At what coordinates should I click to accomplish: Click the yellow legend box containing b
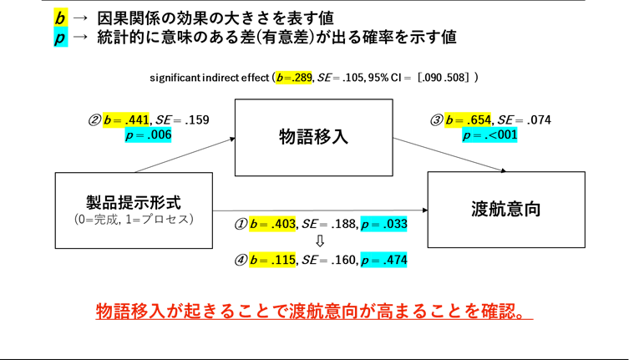pos(60,17)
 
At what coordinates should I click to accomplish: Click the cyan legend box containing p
pos(60,38)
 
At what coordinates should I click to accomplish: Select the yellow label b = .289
pos(293,78)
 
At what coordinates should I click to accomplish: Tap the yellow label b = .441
pos(125,119)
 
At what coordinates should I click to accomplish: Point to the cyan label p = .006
pos(148,134)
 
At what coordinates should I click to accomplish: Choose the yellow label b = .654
pos(467,119)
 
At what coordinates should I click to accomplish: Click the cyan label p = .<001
pos(489,134)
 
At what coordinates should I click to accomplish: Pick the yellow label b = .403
pos(271,224)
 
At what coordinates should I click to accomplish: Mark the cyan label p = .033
pos(383,224)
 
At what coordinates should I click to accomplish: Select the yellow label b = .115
pos(271,260)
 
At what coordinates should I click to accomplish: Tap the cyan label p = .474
pos(383,260)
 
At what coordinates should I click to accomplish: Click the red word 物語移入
pos(130,311)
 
